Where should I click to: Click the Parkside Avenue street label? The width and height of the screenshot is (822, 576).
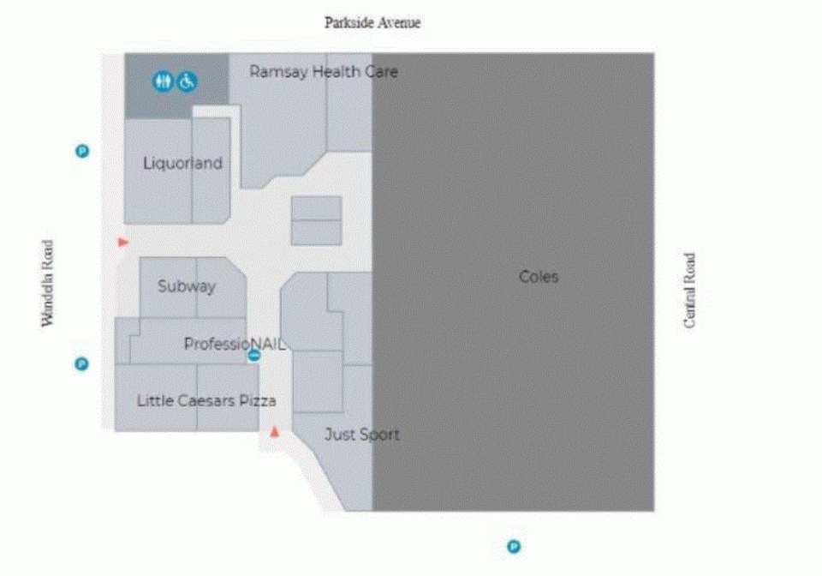(372, 22)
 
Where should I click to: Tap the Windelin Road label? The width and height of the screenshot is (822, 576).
(48, 283)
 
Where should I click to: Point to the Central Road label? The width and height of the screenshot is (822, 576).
(689, 291)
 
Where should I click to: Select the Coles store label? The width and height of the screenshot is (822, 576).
(539, 277)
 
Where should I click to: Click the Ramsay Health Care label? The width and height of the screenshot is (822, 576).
(324, 71)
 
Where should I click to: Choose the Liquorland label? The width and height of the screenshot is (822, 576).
(183, 163)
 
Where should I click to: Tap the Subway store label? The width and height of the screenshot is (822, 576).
(187, 286)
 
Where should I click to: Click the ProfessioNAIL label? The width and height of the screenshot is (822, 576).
(235, 344)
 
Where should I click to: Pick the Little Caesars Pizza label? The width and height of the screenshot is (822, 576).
(206, 401)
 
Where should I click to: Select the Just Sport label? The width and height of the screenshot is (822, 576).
(362, 435)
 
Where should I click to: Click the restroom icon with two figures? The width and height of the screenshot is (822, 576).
(163, 81)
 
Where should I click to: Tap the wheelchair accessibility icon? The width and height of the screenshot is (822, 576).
(187, 81)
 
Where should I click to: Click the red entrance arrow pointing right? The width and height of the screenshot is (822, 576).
(123, 243)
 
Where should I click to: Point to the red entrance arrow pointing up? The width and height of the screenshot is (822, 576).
(274, 432)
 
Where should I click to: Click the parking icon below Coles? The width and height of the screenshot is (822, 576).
(514, 547)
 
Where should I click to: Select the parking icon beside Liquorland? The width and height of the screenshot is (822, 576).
(82, 151)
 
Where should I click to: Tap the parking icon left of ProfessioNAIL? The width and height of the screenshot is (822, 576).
(81, 363)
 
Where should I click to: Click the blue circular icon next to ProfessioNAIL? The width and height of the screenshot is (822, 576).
(253, 356)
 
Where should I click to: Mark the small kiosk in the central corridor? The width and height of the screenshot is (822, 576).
(317, 221)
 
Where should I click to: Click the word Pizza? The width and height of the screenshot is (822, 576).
(258, 401)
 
